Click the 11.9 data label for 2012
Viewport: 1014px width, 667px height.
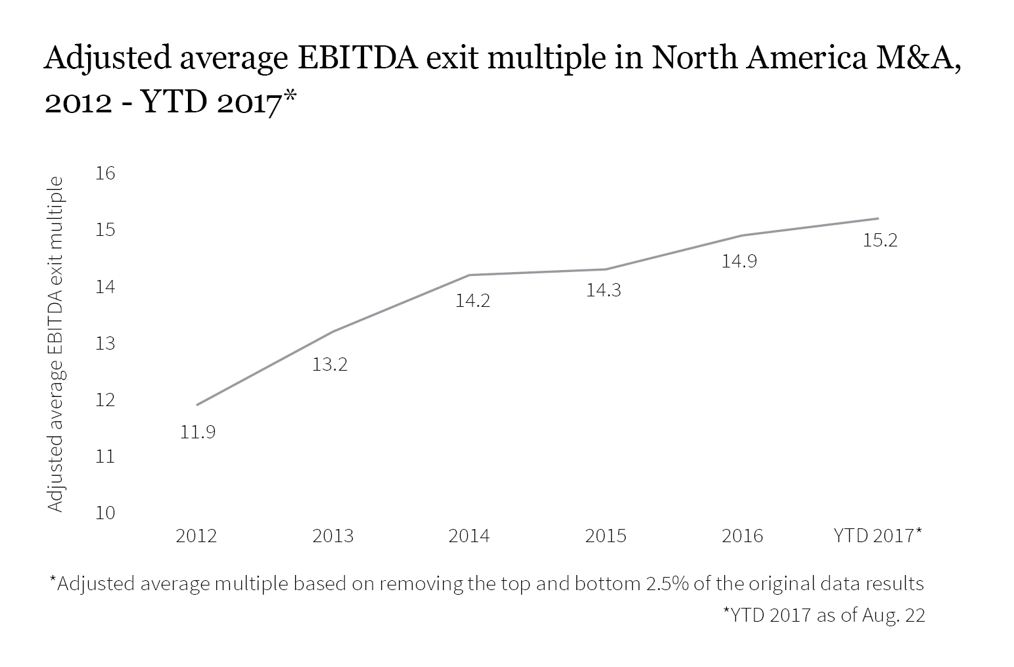pyautogui.click(x=198, y=432)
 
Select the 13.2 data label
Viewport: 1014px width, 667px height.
pyautogui.click(x=329, y=364)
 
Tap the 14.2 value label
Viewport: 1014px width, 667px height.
pyautogui.click(x=472, y=301)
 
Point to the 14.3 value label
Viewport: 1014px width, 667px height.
pyautogui.click(x=603, y=290)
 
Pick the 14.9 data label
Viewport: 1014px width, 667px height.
pyautogui.click(x=739, y=262)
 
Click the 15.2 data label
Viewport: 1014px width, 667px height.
pyautogui.click(x=879, y=241)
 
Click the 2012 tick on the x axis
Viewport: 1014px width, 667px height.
pyautogui.click(x=196, y=536)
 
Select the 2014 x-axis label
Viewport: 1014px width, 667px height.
pyautogui.click(x=469, y=536)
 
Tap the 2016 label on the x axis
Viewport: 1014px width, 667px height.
pyautogui.click(x=743, y=536)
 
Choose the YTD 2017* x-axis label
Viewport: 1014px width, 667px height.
pyautogui.click(x=877, y=536)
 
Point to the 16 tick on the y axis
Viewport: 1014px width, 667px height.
pyautogui.click(x=105, y=173)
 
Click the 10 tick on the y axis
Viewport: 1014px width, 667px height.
pyautogui.click(x=105, y=513)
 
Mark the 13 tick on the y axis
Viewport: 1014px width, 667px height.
pyautogui.click(x=105, y=343)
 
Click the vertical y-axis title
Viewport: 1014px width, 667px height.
pyautogui.click(x=57, y=344)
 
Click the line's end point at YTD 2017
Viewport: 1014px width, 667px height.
pyautogui.click(x=879, y=218)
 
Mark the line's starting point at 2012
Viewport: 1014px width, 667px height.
pyautogui.click(x=196, y=405)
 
